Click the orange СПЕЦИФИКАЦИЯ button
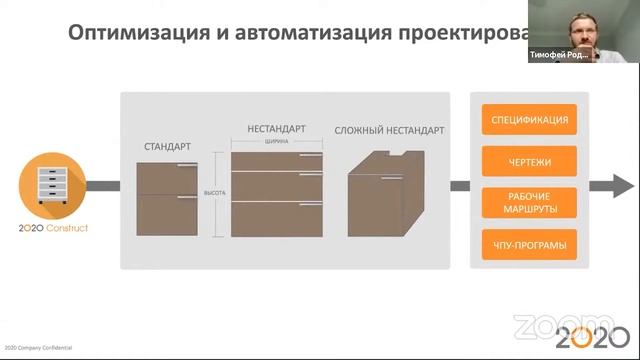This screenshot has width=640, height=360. point(530,120)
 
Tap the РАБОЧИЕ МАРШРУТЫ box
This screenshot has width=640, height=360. point(530,201)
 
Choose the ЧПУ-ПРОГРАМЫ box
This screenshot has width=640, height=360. point(530,243)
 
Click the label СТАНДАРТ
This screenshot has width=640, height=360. point(167,147)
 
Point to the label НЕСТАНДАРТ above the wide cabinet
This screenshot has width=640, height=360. point(276,129)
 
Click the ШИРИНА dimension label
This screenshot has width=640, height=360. point(277,142)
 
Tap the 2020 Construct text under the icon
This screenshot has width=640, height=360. point(53,228)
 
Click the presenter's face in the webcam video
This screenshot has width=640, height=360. point(583,27)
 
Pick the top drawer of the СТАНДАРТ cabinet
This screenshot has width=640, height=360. point(167,178)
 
